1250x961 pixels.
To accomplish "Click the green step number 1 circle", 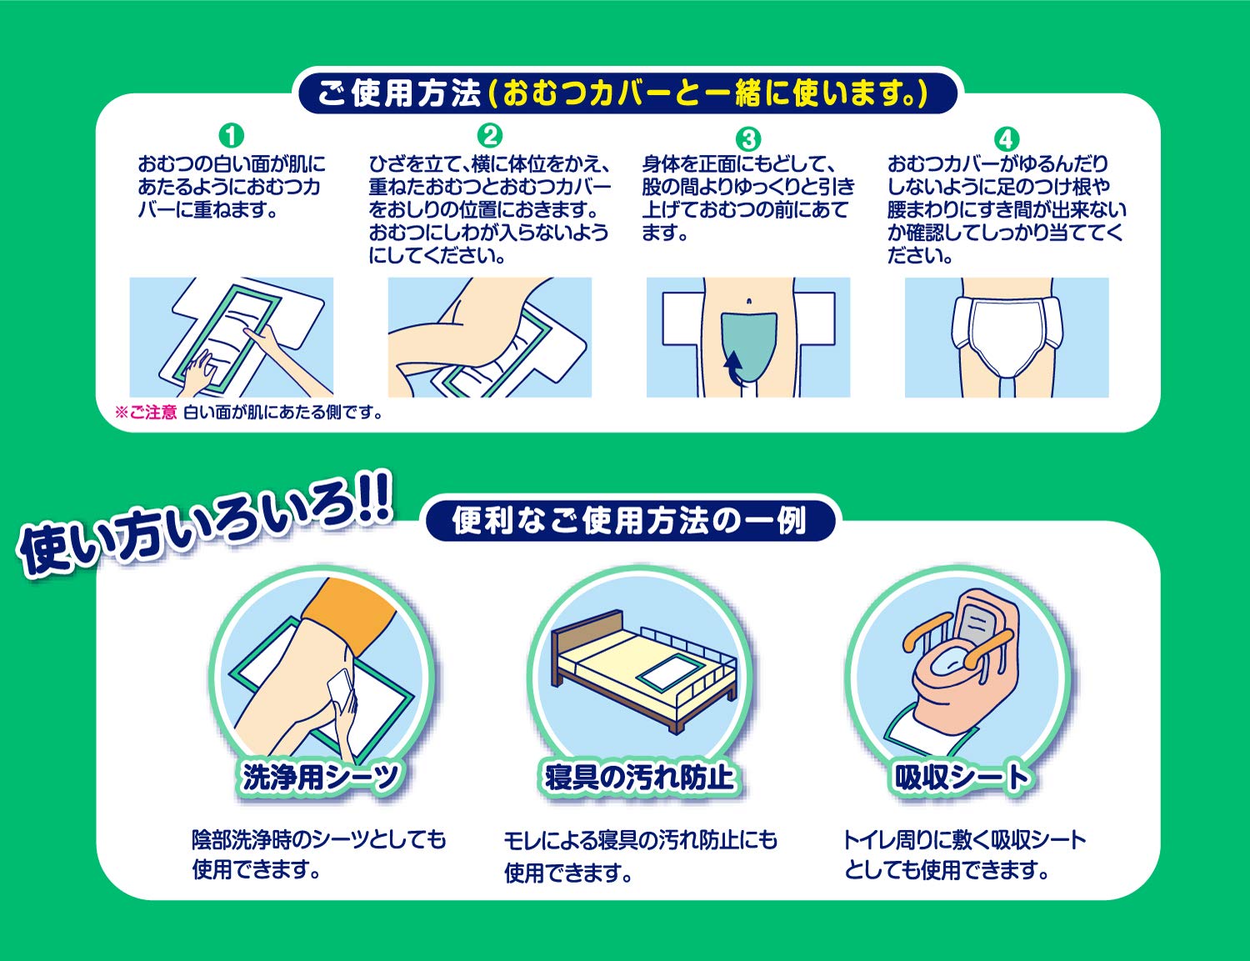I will pos(231,135).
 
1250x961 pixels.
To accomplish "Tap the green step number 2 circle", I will pos(490,135).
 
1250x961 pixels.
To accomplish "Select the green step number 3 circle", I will pos(748,138).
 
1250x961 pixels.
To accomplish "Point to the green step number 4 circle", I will pos(1007,138).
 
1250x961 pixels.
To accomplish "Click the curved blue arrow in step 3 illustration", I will pos(732,368).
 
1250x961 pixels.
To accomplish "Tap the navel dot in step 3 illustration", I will pos(749,301).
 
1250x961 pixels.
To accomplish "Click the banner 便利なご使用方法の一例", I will pos(629,521).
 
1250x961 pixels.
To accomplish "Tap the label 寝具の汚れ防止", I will pos(639,777).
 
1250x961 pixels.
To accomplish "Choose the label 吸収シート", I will pos(961,777).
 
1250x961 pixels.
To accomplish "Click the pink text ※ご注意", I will pos(147,413).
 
